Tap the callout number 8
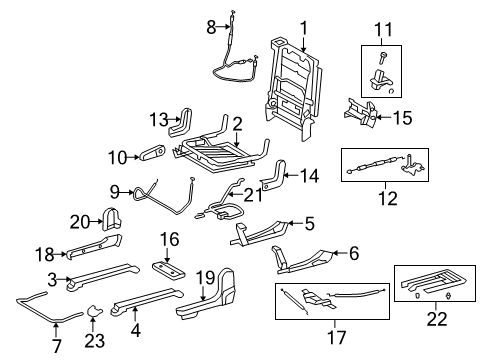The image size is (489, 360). click(x=212, y=27)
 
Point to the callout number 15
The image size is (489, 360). click(x=402, y=118)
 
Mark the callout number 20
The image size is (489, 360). click(x=80, y=221)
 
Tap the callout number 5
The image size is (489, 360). click(x=311, y=223)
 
